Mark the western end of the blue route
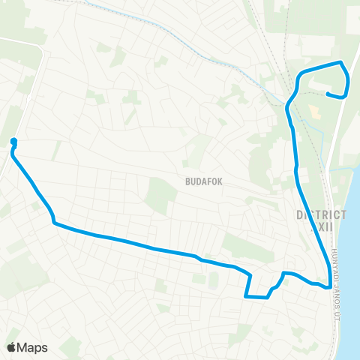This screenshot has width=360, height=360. click(x=13, y=141)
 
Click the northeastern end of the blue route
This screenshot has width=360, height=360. click(x=328, y=94)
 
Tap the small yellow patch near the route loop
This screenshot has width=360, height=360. click(x=315, y=113)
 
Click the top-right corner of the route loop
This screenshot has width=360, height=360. click(x=342, y=63)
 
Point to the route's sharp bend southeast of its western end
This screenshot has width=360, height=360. click(x=55, y=222)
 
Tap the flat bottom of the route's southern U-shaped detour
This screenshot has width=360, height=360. click(x=256, y=297)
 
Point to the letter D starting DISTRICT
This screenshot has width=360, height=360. click(x=299, y=214)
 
